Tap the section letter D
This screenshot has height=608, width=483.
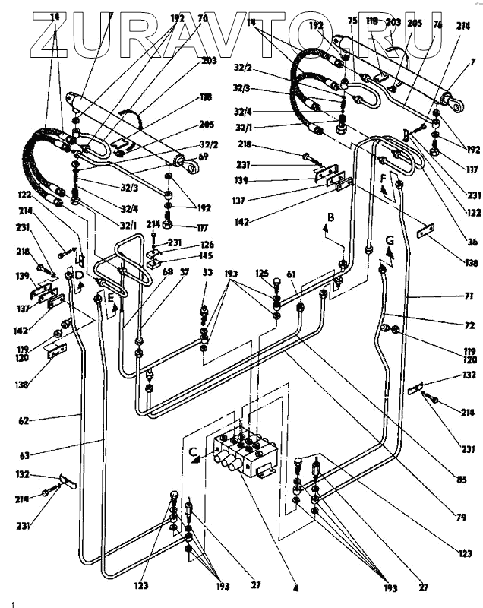(78, 274)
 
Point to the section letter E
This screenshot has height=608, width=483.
(110, 297)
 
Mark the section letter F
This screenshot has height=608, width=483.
(384, 180)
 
